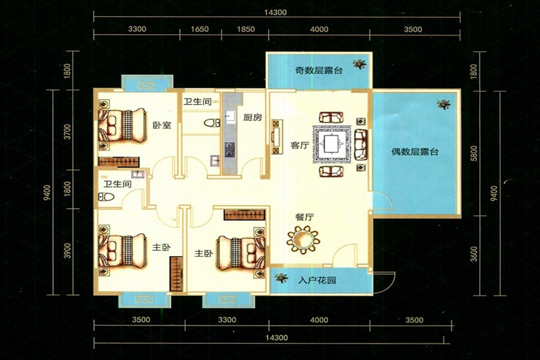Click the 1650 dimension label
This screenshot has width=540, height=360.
coord(200,29)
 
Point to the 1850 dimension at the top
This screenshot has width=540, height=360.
coord(246,29)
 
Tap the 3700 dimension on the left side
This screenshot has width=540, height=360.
coord(68,131)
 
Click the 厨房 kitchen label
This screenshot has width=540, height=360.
coord(253,117)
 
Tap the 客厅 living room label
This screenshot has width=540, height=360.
coord(299,145)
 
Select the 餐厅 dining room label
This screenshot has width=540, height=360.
coord(304,217)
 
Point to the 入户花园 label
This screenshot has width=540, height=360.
coord(317,280)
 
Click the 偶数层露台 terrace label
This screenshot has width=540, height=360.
coord(415,151)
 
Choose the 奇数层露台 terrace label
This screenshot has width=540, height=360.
coord(319,70)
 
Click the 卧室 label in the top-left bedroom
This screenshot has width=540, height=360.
coord(162,125)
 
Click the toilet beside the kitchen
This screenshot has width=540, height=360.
coord(212,122)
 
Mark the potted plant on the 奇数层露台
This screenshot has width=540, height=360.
coord(359,64)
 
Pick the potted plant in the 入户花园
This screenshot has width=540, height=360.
coord(281,278)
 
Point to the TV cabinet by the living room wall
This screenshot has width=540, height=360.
coord(277,137)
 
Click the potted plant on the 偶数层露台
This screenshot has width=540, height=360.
coord(443,104)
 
